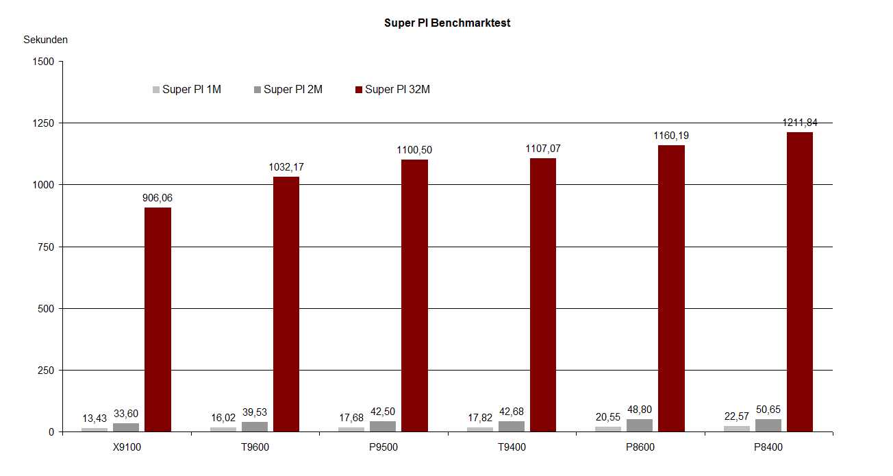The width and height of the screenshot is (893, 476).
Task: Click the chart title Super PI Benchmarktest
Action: (x=446, y=23)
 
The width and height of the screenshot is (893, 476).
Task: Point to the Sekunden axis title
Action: (x=45, y=40)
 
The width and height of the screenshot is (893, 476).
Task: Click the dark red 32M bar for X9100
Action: (x=158, y=319)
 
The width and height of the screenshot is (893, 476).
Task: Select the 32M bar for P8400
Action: (x=799, y=281)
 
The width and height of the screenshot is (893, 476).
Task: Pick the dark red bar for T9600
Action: (x=286, y=304)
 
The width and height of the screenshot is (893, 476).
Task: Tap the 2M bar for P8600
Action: (x=639, y=425)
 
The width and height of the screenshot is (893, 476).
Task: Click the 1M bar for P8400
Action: (x=737, y=429)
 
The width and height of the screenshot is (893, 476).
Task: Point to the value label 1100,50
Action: (x=414, y=150)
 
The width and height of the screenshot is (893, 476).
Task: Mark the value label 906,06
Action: (x=158, y=198)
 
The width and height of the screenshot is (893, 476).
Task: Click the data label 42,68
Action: (x=512, y=412)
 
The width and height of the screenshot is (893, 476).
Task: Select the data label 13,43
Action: (x=94, y=418)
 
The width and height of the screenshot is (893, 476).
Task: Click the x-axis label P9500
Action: (x=383, y=448)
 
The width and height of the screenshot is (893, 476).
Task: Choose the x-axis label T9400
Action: (x=512, y=448)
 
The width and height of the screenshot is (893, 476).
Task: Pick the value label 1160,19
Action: (x=671, y=136)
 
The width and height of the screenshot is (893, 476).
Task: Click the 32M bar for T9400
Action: (x=543, y=295)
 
